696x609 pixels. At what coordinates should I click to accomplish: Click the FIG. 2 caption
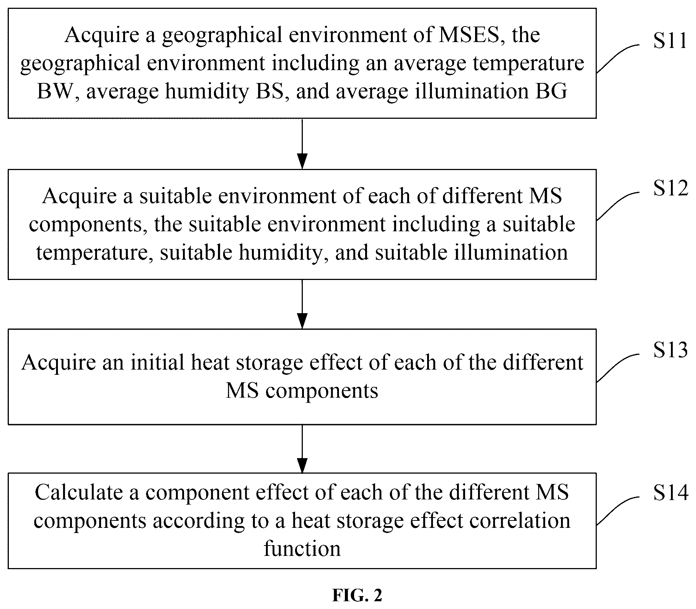[x=357, y=595]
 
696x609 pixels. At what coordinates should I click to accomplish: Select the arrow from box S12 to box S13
[x=302, y=304]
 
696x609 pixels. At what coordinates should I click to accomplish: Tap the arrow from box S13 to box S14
[x=302, y=449]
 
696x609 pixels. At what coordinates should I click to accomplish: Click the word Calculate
[x=79, y=492]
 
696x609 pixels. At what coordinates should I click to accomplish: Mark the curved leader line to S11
[x=618, y=58]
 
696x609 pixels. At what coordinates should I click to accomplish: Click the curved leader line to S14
[x=618, y=510]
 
